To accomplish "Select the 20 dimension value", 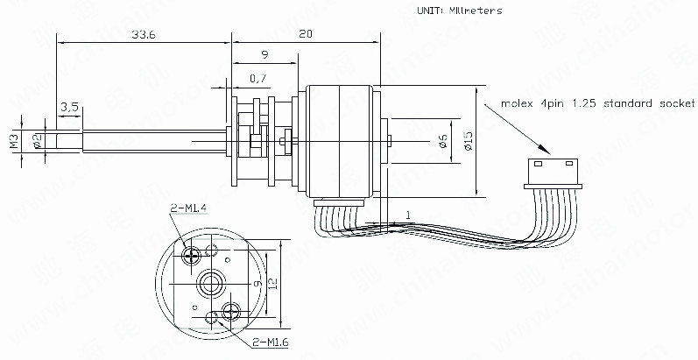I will pos(304,34).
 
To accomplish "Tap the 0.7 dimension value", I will pos(258,79).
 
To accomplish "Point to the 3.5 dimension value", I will pos(70,107).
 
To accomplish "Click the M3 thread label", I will pos(13,141).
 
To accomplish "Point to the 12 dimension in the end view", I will pos(273,284).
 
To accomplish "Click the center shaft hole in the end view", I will pos(211,283).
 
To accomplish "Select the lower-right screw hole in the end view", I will pos(231,310).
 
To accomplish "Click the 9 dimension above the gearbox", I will pos(265,56).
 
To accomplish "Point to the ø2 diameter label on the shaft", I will pos(37,141).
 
